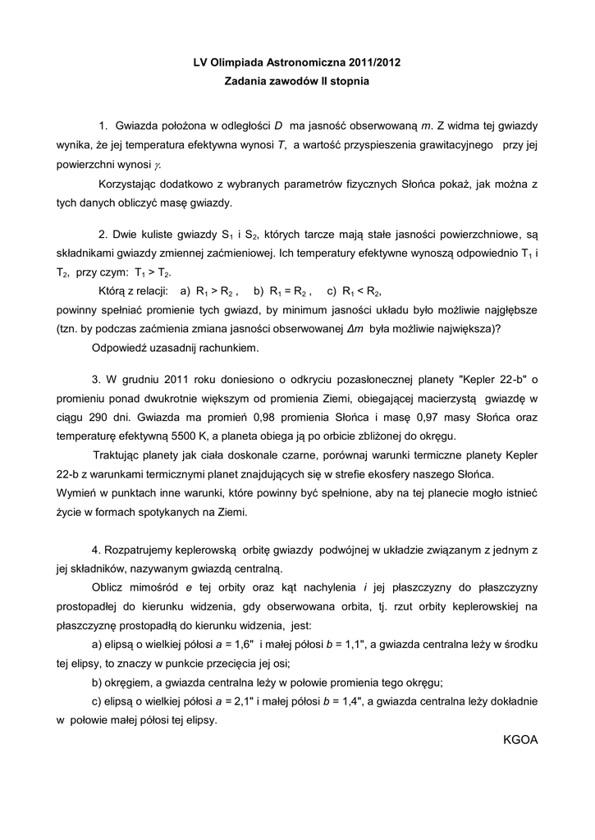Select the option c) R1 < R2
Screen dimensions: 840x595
tap(355, 291)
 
